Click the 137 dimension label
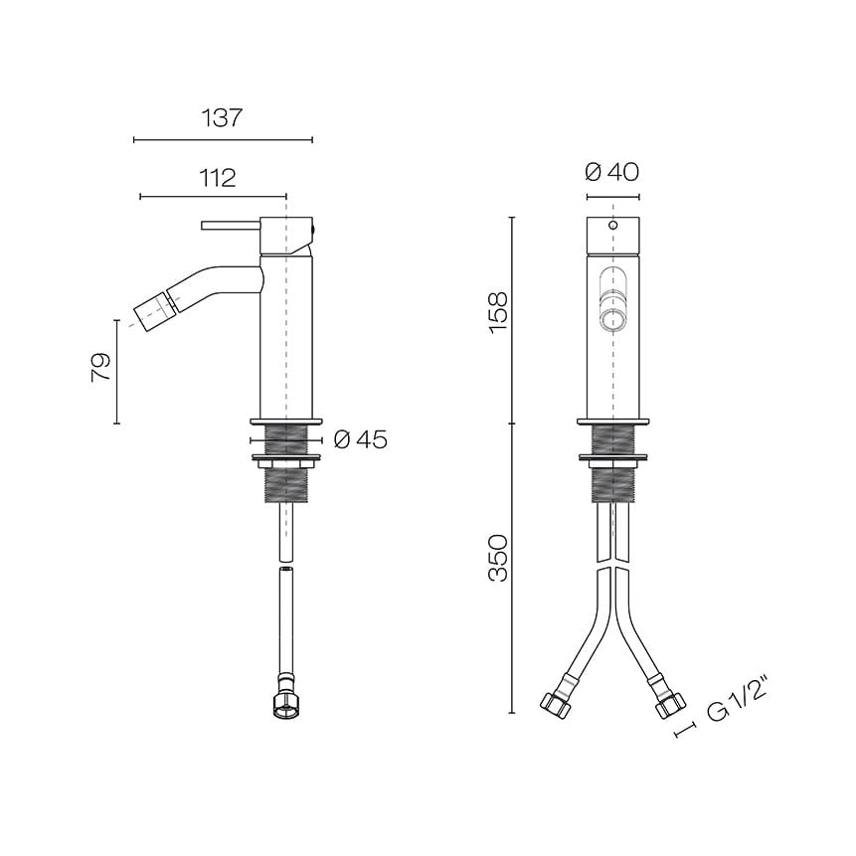(222, 118)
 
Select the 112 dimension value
(218, 178)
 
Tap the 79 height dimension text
(101, 368)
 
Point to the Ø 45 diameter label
(360, 438)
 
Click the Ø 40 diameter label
(612, 172)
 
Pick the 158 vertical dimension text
(498, 313)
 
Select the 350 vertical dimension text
(498, 558)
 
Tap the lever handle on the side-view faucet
(231, 225)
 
